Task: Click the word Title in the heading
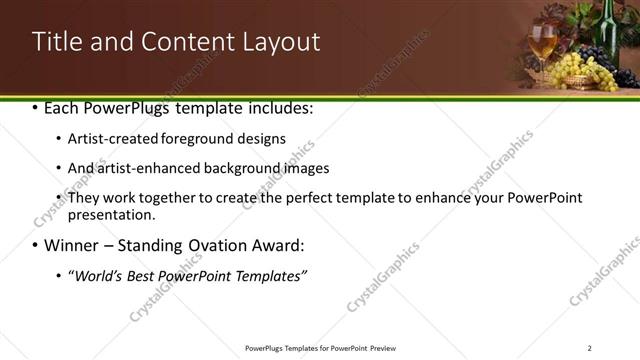[x=58, y=42]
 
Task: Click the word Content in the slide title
[x=181, y=42]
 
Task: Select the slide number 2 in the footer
[x=589, y=347]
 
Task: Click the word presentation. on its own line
[x=112, y=214]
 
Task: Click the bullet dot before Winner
[x=36, y=245]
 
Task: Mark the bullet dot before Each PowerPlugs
[x=36, y=107]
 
